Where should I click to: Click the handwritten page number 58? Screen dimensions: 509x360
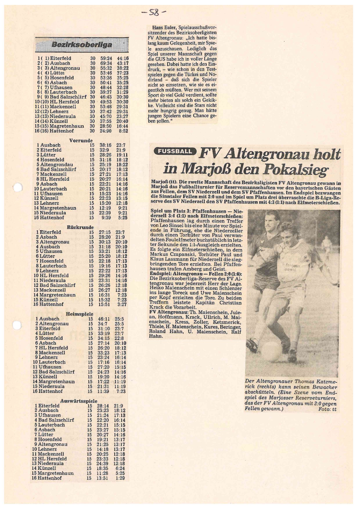(157, 12)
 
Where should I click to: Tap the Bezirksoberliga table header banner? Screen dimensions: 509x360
(82, 44)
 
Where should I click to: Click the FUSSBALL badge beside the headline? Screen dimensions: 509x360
(175, 151)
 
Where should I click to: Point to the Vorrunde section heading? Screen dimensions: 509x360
(81, 141)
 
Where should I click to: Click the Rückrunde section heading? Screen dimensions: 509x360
(80, 227)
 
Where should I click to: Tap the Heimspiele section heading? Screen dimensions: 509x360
(79, 314)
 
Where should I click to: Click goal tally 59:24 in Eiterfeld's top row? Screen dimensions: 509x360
(106, 58)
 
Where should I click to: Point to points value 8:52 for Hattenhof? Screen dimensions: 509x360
(124, 131)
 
